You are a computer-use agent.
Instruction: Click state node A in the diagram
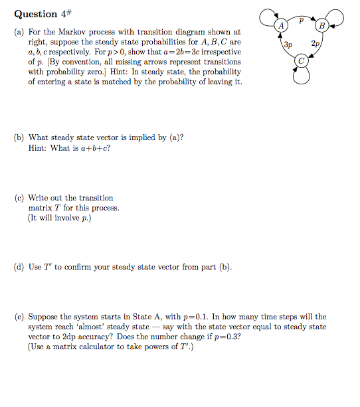[282, 26]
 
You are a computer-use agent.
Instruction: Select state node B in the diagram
[322, 26]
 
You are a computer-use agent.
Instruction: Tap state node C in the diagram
[302, 61]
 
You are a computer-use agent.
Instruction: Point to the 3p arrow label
[288, 45]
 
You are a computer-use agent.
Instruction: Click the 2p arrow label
[315, 45]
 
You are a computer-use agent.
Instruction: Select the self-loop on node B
[338, 20]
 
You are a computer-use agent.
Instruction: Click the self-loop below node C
[302, 77]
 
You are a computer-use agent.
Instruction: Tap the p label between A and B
[302, 20]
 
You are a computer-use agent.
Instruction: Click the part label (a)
[19, 31]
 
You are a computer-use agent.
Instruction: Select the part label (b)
[19, 137]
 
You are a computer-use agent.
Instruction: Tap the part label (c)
[19, 198]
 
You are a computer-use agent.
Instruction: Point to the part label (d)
[19, 268]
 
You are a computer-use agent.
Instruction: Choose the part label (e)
[19, 317]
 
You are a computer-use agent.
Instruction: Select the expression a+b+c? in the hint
[95, 148]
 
